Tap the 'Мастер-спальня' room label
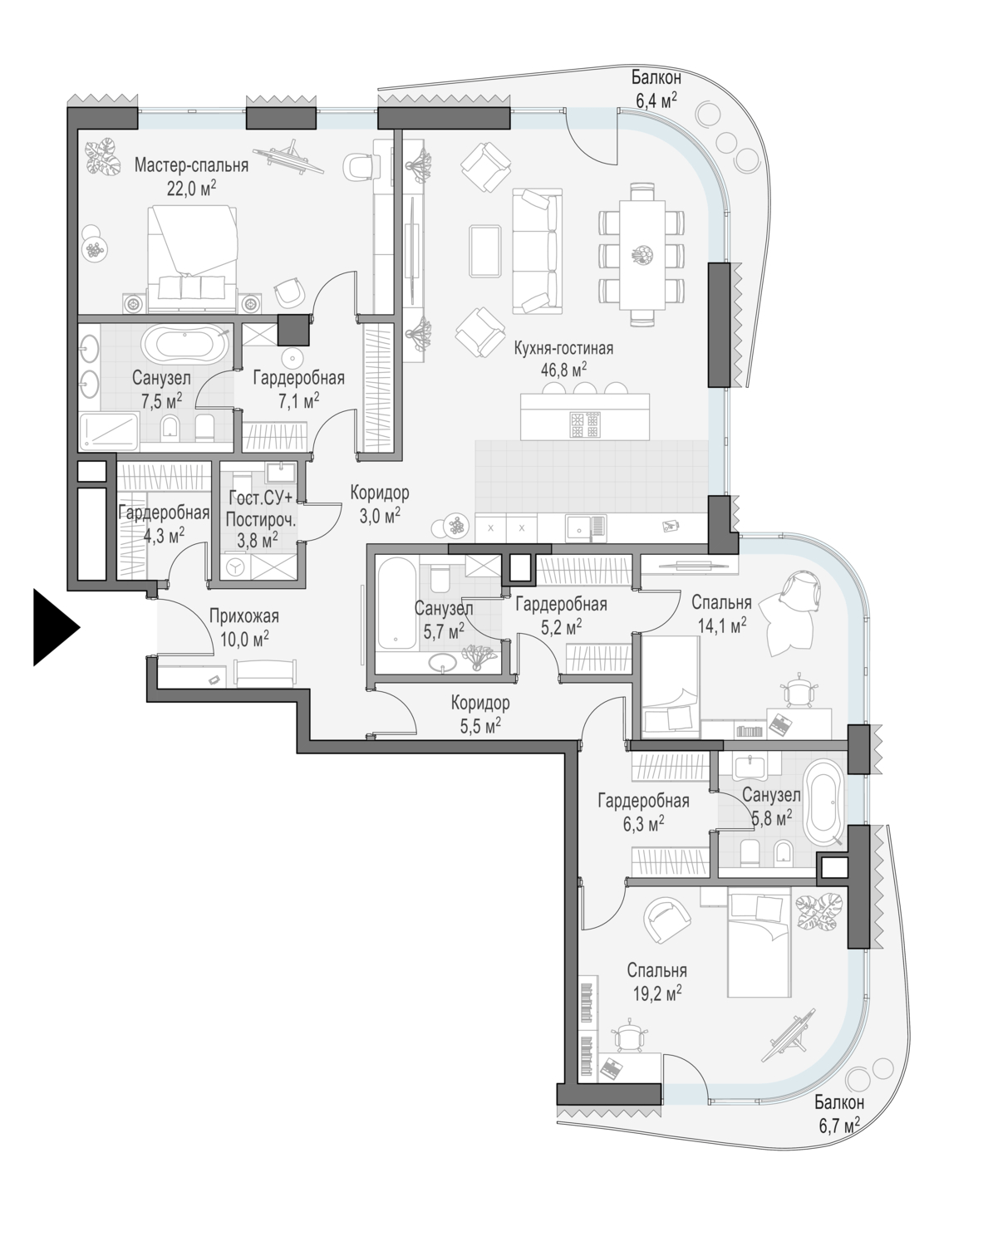tap(191, 165)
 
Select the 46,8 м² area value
tap(563, 370)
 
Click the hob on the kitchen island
tap(585, 424)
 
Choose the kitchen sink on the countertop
tap(586, 528)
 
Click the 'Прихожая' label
tap(243, 616)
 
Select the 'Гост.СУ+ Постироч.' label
tap(261, 508)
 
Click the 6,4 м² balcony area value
tap(656, 101)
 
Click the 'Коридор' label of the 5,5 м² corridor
tap(480, 703)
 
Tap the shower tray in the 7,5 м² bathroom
tap(109, 431)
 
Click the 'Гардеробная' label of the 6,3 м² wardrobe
tap(643, 800)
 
